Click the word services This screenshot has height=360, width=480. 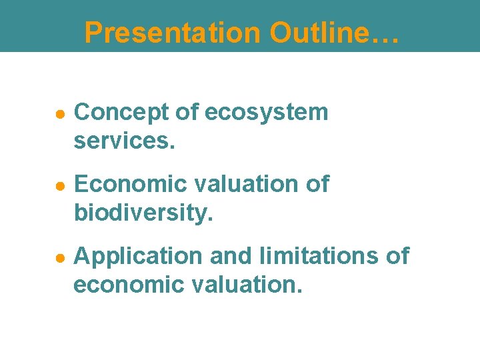(x=124, y=141)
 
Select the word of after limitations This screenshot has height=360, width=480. (x=397, y=255)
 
